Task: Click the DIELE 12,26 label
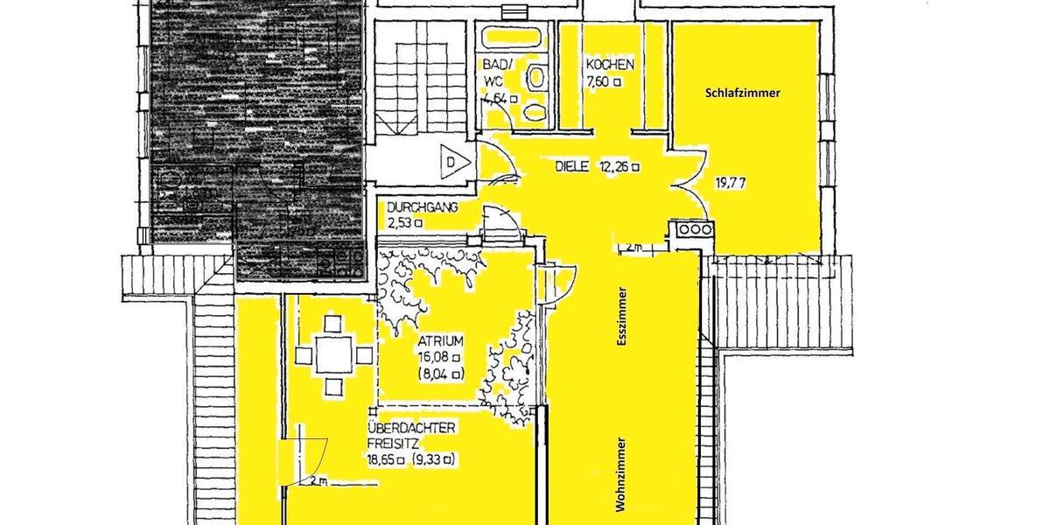click(x=598, y=166)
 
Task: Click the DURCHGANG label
click(x=423, y=207)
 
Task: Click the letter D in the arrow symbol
click(x=451, y=162)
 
